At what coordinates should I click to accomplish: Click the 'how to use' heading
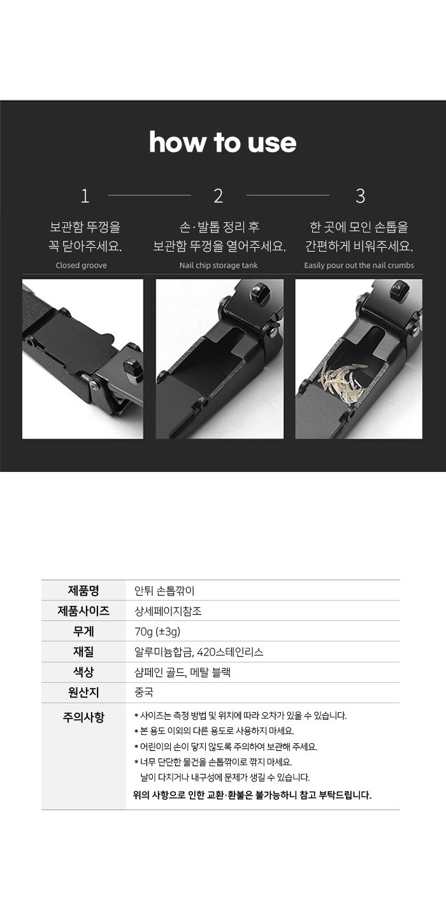pos(222,142)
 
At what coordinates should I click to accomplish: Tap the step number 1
pos(85,196)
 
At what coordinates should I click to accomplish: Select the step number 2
pos(218,196)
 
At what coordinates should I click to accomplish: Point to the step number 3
pos(361,196)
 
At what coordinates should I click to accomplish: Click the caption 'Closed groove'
pos(81,265)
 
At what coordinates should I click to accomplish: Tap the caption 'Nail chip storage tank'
pos(219,265)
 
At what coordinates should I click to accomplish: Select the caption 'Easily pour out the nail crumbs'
pos(359,265)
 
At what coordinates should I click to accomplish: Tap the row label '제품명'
pos(83,590)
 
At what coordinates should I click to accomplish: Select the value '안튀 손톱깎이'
pos(164,590)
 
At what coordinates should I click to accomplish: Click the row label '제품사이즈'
pos(83,611)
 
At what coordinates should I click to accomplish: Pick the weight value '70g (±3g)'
pos(157,632)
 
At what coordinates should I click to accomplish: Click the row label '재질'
pos(83,652)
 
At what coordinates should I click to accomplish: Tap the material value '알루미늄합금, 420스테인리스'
pos(199,652)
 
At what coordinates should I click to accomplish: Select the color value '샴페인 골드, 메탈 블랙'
pos(182,672)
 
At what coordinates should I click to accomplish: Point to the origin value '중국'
pos(144,692)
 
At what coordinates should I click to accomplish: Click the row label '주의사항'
pos(83,717)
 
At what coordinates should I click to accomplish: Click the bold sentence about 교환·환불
pos(252,795)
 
